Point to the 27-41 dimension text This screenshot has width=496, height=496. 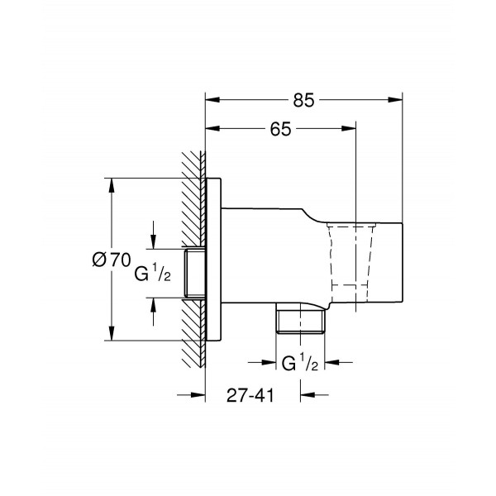pos(249,394)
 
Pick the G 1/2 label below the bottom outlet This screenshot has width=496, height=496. pos(300,363)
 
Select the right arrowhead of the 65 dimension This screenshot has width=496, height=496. pos(351,129)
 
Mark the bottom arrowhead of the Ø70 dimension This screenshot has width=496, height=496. pos(109,335)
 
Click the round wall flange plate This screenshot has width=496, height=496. pos(212,259)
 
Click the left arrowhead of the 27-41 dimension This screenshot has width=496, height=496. pos(198,394)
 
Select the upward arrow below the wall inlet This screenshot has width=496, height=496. pos(153,305)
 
